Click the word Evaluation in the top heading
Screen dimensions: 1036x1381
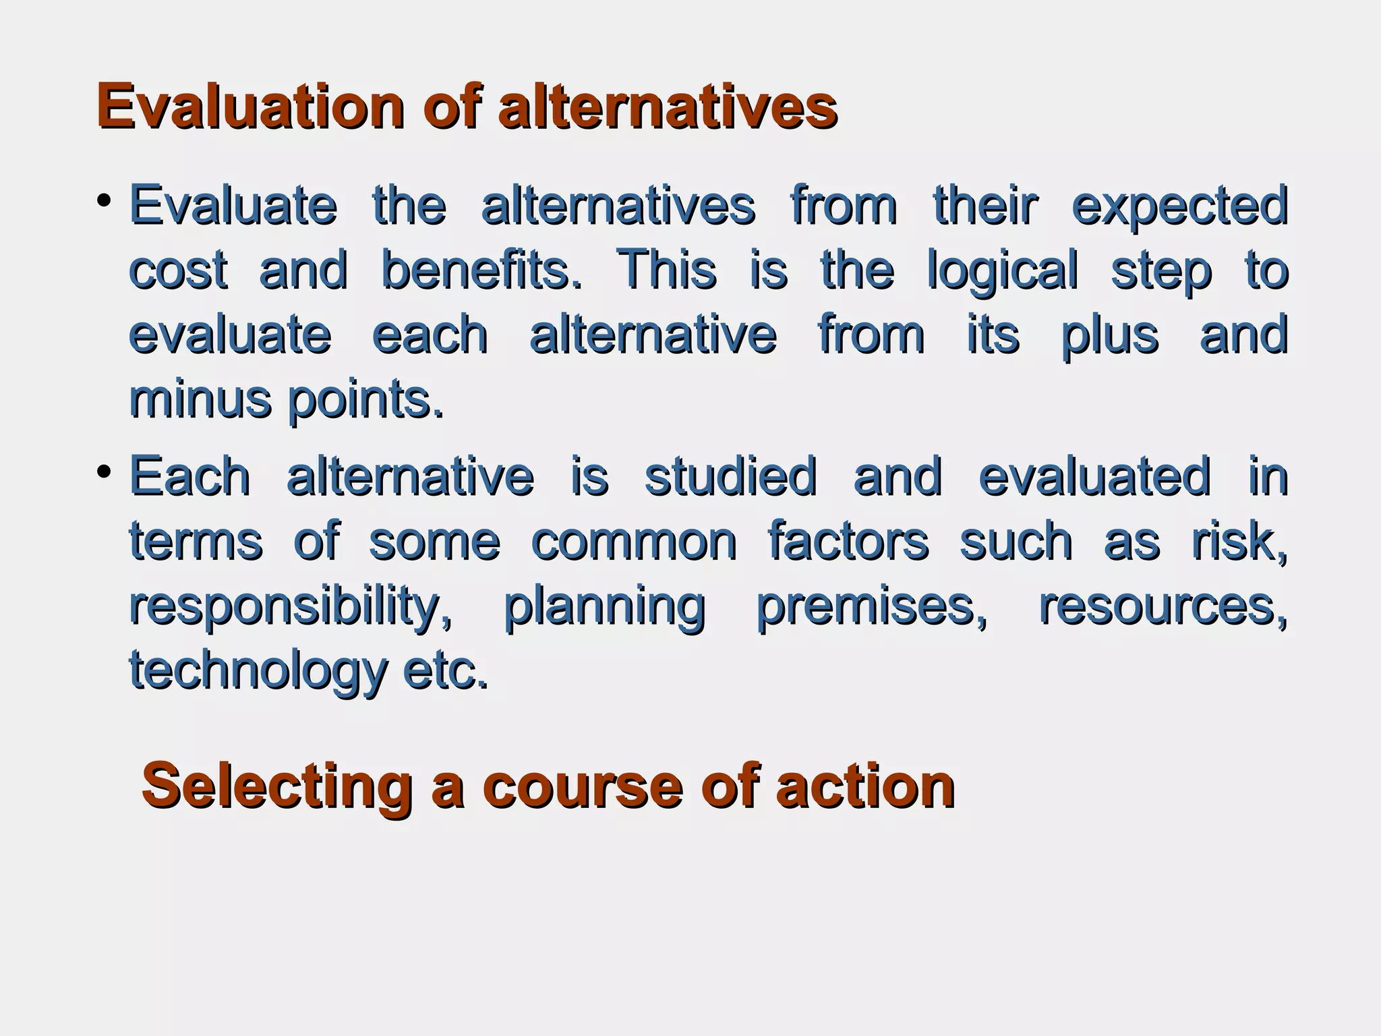tap(250, 106)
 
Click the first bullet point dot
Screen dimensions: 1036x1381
tap(103, 200)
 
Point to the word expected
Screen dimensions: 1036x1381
tap(1180, 207)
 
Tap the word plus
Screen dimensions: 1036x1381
tap(1109, 336)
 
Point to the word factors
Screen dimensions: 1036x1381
tap(848, 541)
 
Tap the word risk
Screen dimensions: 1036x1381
tap(1239, 541)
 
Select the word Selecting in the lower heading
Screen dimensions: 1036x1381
tap(276, 786)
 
